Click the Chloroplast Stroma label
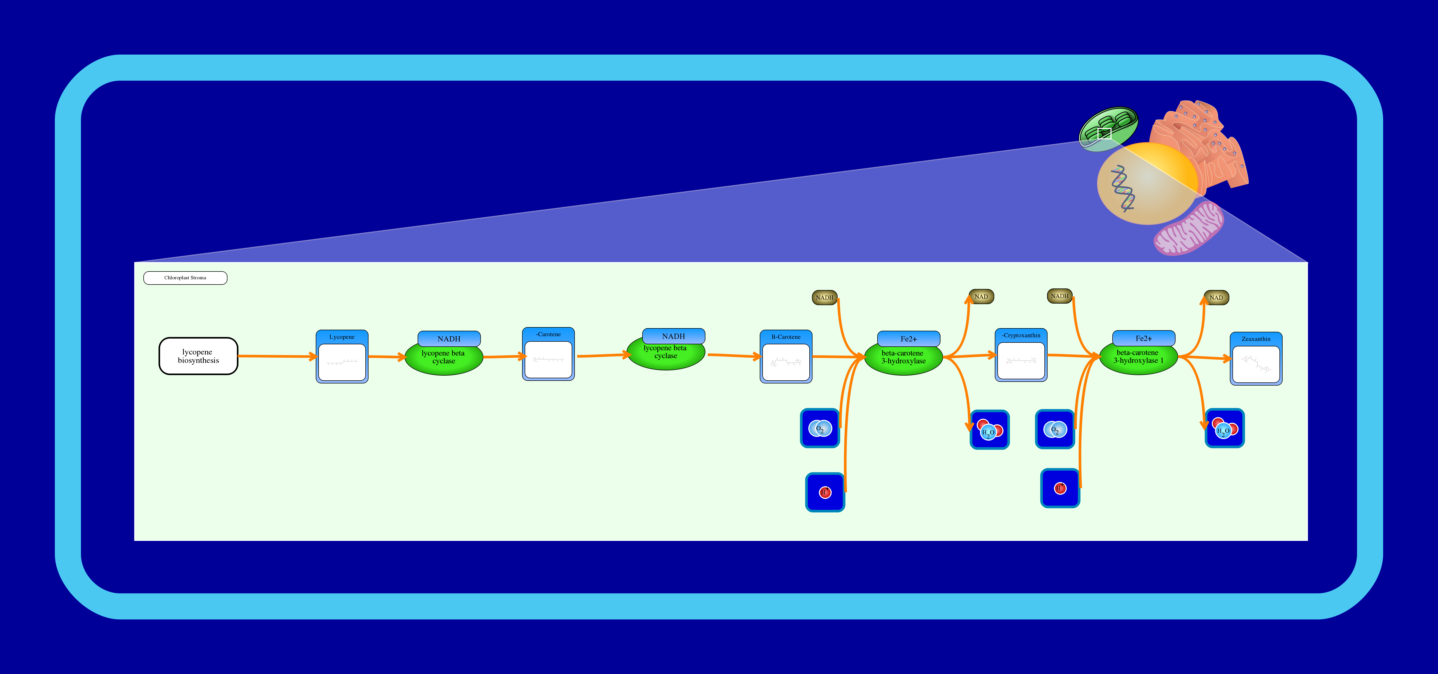(185, 278)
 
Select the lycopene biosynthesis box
(198, 356)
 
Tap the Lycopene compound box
(342, 357)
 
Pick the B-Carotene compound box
(785, 357)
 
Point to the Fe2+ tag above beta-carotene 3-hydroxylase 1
(1143, 338)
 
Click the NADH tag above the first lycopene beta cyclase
(449, 339)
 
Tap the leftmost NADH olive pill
(825, 297)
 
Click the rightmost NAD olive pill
(1216, 297)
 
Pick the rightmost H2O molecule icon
(1224, 429)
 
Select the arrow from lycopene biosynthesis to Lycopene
(276, 356)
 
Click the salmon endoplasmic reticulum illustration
(1206, 145)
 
